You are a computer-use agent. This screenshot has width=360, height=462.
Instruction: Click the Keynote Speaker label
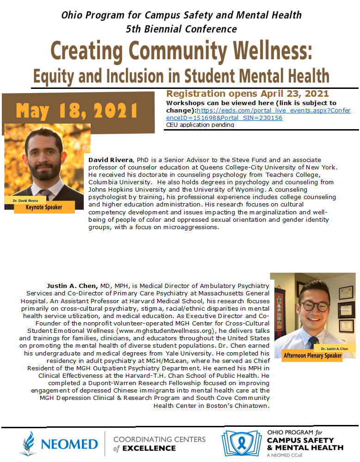tap(44, 207)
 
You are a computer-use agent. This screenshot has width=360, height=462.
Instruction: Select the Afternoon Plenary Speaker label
tap(319, 356)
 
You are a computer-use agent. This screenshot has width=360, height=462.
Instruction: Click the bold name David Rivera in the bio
tap(109, 159)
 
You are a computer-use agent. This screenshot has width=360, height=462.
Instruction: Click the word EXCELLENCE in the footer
tap(144, 448)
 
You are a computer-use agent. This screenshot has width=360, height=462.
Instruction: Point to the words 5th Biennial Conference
tap(181, 29)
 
